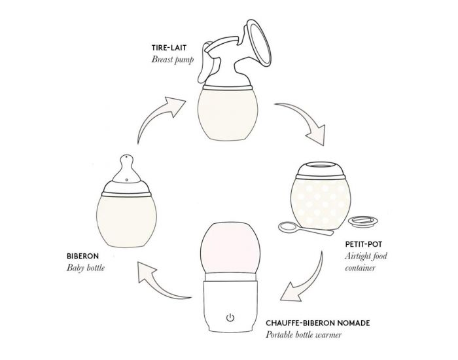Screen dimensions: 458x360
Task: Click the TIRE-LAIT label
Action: click(x=169, y=48)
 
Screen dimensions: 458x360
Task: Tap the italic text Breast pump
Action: click(x=172, y=60)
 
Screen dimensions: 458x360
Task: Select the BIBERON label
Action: click(x=82, y=257)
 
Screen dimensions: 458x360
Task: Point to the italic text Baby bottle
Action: click(x=85, y=268)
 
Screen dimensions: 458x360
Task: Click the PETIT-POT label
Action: click(x=363, y=244)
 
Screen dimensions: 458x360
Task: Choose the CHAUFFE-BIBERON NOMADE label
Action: click(x=318, y=323)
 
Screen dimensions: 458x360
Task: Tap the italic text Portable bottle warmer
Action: click(x=304, y=334)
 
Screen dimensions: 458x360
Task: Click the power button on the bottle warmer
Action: click(x=230, y=317)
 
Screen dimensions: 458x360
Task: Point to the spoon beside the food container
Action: click(x=304, y=229)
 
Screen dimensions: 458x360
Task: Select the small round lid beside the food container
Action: click(x=363, y=221)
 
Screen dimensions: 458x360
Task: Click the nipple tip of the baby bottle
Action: click(x=126, y=158)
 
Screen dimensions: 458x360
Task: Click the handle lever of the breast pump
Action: click(x=204, y=63)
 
